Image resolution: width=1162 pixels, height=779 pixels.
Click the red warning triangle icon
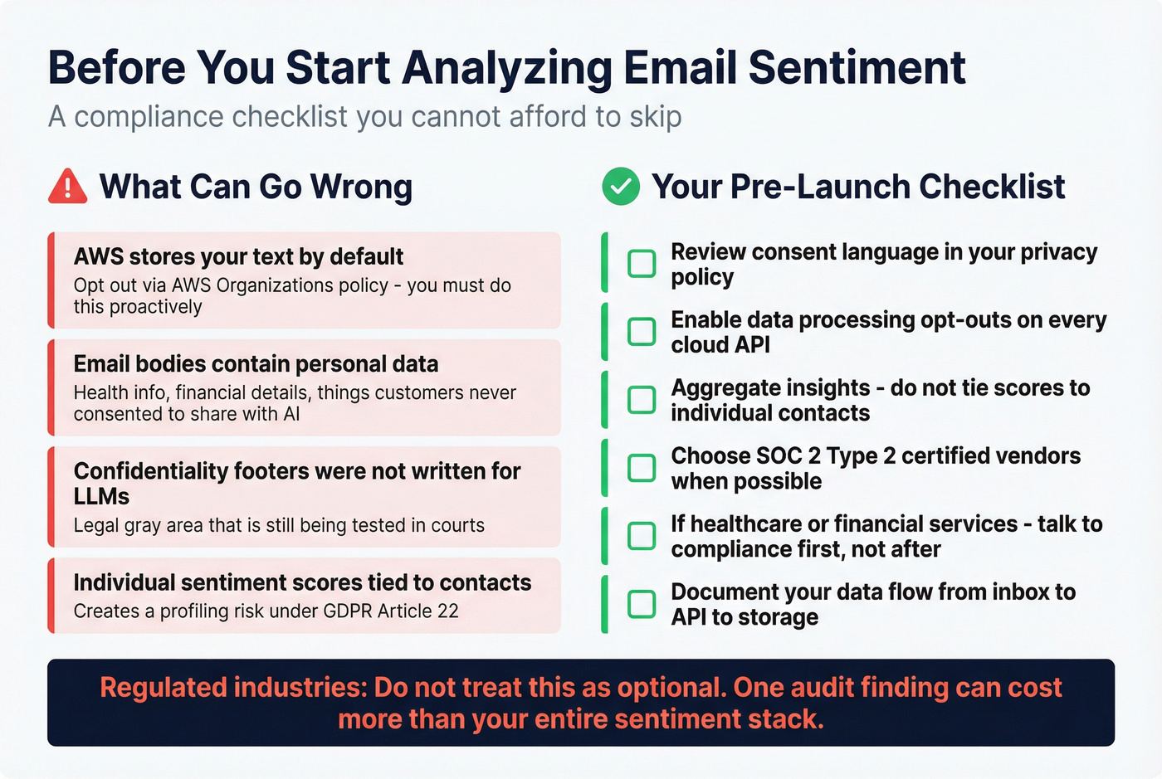coord(67,187)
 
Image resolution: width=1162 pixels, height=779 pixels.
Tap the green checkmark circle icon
coord(621,187)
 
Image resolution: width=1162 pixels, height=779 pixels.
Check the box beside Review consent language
coord(642,264)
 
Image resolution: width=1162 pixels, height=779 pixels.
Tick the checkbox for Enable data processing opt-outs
coord(642,332)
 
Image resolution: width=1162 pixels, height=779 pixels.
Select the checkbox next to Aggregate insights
coord(642,400)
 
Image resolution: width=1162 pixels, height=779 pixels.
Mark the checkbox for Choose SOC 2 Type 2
coord(642,468)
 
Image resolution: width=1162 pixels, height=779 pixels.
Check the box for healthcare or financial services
coord(642,536)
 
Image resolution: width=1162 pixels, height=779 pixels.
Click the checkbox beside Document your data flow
coord(642,604)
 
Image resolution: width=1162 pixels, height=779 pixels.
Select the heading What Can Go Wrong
coord(256,187)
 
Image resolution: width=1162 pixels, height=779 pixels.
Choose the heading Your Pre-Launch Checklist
coord(858,187)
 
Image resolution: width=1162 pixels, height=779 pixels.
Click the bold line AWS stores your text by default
coord(238,257)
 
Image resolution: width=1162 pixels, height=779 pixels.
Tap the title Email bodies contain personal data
coord(256,364)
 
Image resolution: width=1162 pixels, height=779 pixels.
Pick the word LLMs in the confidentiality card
coord(101,497)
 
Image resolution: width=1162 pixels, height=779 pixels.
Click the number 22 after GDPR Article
coord(448,611)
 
